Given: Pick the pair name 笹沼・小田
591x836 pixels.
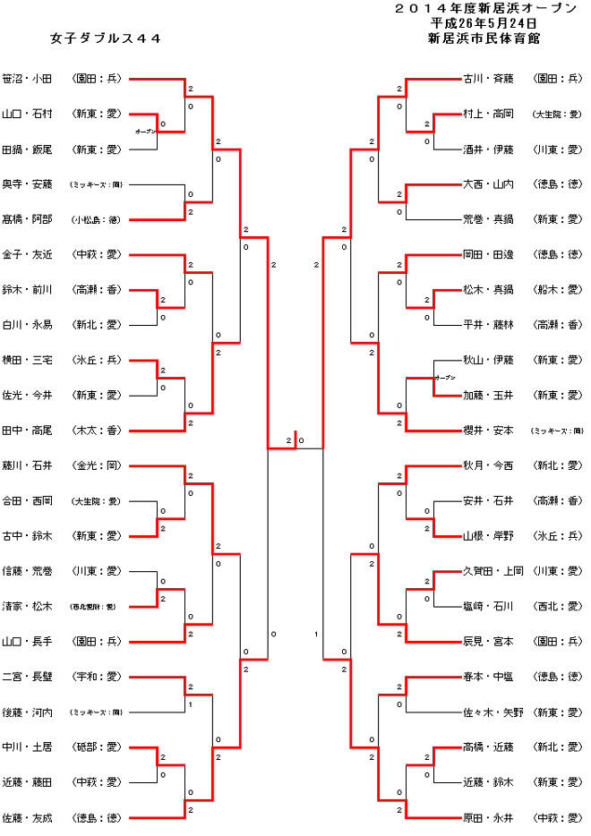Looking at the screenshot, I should pos(28,79).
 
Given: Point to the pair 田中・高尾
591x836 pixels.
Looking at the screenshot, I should pos(28,431).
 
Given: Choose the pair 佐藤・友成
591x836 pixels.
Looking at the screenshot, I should pos(28,817).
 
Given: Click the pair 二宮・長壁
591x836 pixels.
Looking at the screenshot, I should pos(28,677).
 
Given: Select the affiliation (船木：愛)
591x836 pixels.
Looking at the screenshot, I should pos(557,290).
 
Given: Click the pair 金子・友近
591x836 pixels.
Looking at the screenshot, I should pos(28,254).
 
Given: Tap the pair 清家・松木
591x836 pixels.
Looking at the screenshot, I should pos(28,606).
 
